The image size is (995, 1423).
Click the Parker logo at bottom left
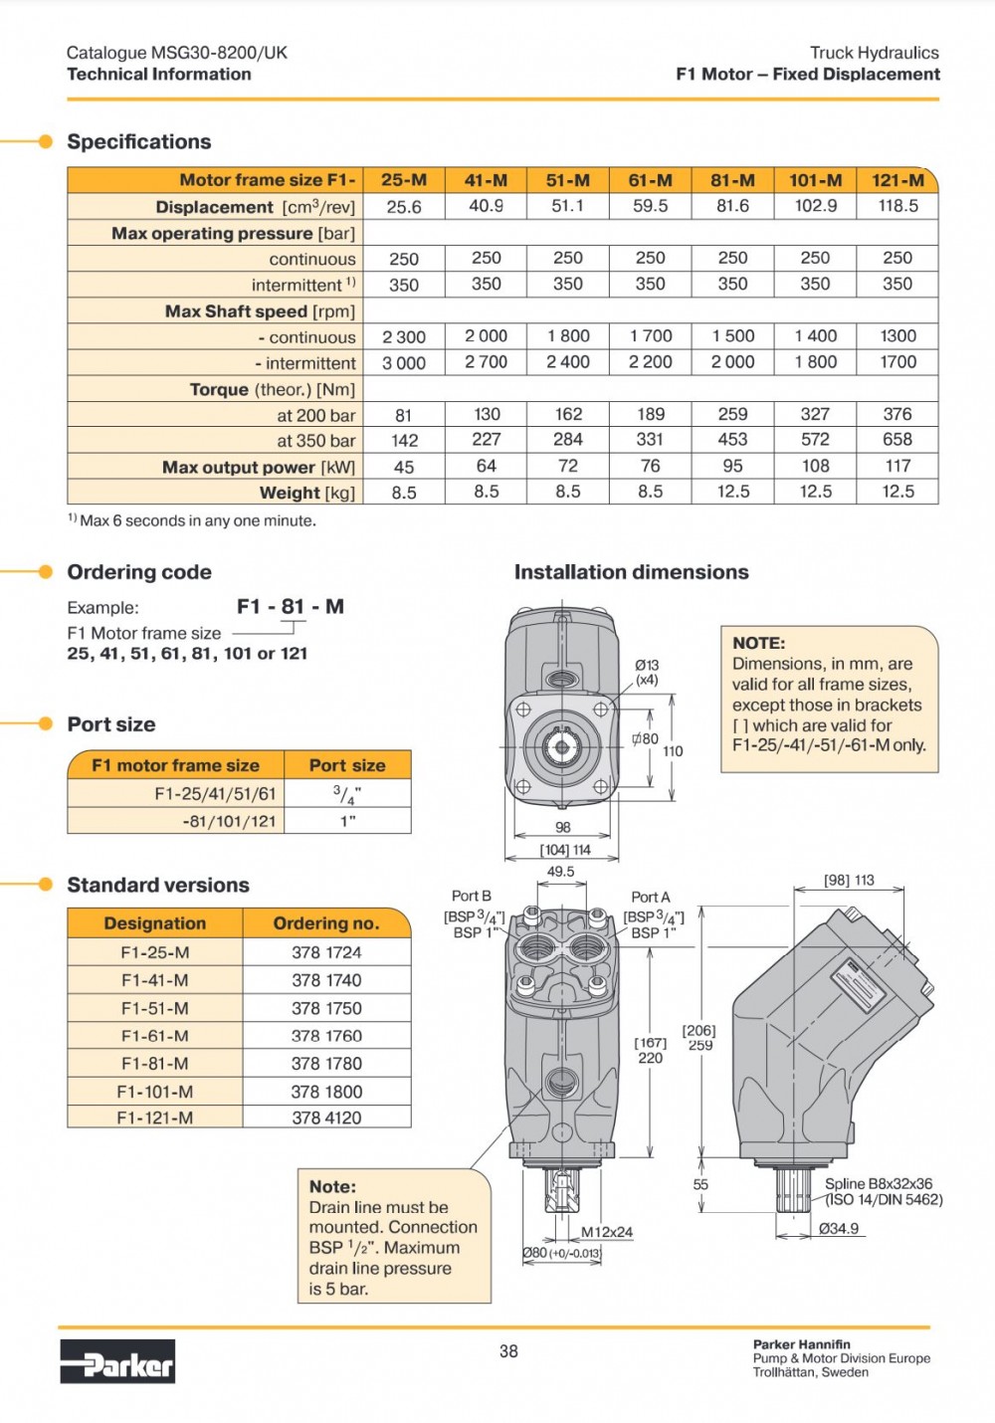[x=117, y=1361]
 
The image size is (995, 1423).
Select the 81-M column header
[x=732, y=180]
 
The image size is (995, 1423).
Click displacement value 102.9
[x=815, y=206]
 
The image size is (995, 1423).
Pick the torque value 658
[x=896, y=439]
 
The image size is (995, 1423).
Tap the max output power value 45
[x=404, y=467]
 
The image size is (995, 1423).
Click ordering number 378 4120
[x=326, y=1118]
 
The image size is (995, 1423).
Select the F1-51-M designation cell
[x=155, y=1008]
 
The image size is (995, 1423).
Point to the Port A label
[x=651, y=897]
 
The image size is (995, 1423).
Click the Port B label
[x=472, y=896]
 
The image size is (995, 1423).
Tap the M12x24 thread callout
[x=607, y=1232]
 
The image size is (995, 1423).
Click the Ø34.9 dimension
[x=839, y=1229]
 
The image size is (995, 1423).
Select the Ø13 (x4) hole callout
[x=647, y=672]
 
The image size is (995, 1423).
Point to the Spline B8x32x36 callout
[x=879, y=1184]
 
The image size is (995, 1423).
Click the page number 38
[x=508, y=1350]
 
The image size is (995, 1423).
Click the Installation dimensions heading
[x=631, y=572]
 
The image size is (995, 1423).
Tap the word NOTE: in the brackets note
[x=759, y=643]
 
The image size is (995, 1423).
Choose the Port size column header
[x=346, y=765]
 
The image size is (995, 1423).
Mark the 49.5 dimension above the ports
[x=560, y=872]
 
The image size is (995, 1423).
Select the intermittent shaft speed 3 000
[x=404, y=363]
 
